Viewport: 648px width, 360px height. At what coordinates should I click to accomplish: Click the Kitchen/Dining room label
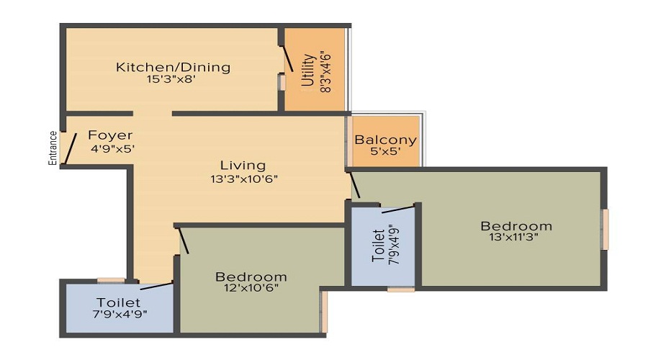pos(173,68)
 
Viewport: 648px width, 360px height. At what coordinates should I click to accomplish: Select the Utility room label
pos(307,70)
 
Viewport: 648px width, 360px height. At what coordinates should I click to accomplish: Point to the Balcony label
pos(385,140)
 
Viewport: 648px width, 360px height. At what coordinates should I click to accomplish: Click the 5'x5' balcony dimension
pos(386,153)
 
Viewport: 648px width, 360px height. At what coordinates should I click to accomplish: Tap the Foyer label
pos(110,135)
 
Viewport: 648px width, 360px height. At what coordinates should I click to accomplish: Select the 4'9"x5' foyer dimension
pos(113,149)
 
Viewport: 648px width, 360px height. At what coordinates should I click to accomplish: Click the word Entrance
pos(53,148)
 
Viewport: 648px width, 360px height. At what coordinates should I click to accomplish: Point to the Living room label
pos(243,166)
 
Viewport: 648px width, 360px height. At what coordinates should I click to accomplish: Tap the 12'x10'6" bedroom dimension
pos(251,288)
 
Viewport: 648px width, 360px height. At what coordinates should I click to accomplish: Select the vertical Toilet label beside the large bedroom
pos(378,246)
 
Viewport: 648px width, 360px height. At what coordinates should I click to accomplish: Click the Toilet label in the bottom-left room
pos(118,302)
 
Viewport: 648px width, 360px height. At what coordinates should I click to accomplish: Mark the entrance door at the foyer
pos(69,150)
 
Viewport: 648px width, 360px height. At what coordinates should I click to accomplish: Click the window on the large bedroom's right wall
pos(606,229)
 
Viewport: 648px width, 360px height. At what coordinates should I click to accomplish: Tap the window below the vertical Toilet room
pos(400,289)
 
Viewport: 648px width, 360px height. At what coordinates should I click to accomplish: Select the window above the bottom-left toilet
pos(111,280)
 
